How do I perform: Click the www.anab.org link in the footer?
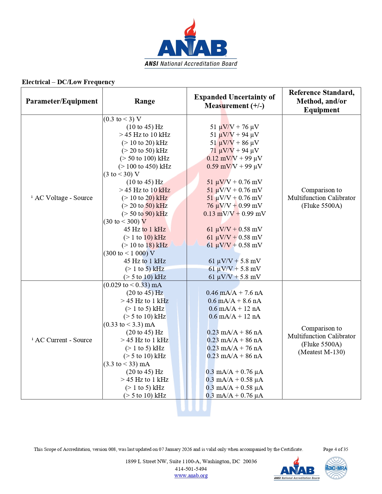(x=191, y=475)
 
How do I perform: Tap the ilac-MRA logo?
(x=336, y=468)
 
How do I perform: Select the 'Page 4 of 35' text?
(x=335, y=449)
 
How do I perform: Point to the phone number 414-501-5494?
(x=191, y=469)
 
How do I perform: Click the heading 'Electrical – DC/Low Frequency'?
(x=68, y=82)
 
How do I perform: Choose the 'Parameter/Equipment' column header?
(x=62, y=101)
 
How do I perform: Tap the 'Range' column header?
(x=144, y=101)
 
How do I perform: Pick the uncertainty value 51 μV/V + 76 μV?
(x=234, y=127)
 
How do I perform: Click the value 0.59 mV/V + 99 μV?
(x=234, y=166)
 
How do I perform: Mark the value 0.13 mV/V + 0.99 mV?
(x=234, y=214)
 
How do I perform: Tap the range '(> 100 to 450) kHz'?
(x=145, y=166)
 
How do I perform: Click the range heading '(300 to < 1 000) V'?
(x=129, y=253)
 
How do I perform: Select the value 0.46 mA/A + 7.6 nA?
(x=234, y=293)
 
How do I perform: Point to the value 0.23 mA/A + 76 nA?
(x=234, y=348)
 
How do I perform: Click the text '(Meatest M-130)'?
(x=321, y=352)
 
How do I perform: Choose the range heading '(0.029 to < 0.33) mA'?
(x=132, y=285)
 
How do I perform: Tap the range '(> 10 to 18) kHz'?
(x=145, y=245)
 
